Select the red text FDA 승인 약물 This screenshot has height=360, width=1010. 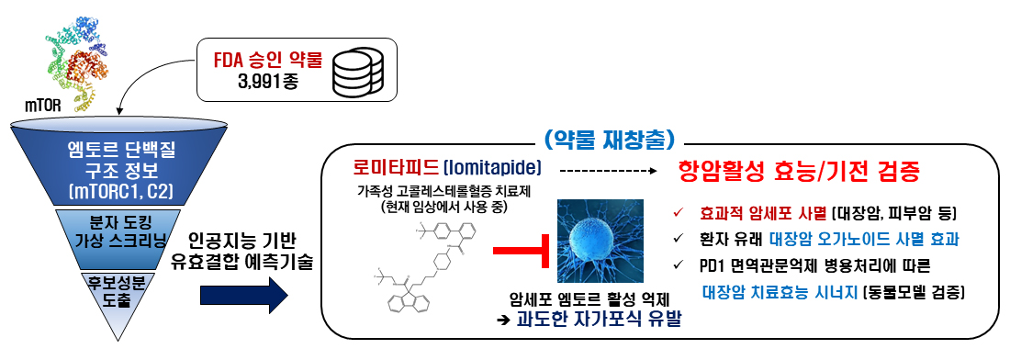[266, 62]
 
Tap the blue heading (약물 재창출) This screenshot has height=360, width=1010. [610, 141]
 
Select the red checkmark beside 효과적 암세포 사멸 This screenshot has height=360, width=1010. [678, 214]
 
